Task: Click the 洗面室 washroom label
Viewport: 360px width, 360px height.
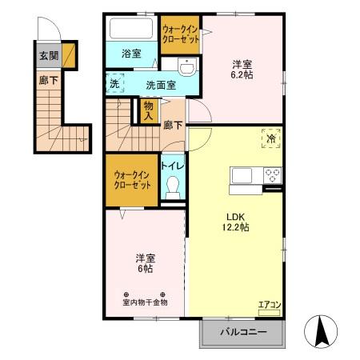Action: tap(160, 83)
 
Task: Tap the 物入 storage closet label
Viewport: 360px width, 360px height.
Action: tap(148, 109)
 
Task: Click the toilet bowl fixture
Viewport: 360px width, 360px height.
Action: tap(170, 187)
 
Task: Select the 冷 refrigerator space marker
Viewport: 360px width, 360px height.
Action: tap(270, 138)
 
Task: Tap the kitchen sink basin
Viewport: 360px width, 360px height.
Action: tap(241, 175)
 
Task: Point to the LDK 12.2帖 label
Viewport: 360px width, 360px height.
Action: tap(236, 222)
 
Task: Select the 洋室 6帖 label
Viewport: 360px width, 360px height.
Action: tap(144, 263)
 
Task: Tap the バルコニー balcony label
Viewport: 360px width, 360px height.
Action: tap(241, 332)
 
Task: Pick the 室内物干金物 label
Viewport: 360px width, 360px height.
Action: tap(144, 302)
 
